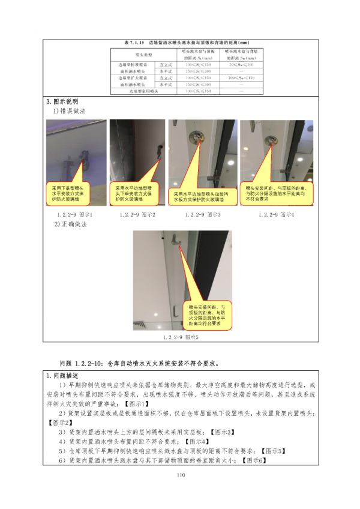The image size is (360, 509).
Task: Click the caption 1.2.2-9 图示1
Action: click(x=75, y=214)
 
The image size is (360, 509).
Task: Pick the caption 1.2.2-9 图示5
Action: click(x=180, y=337)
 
